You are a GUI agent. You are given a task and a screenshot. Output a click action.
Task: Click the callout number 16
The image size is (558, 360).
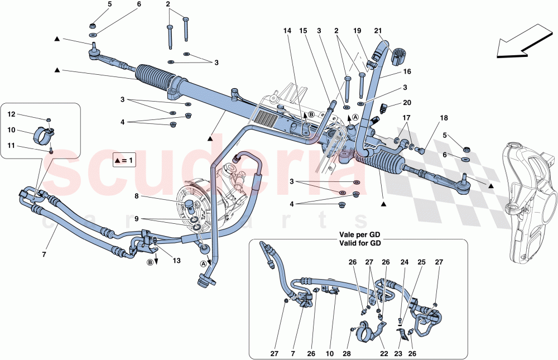407,72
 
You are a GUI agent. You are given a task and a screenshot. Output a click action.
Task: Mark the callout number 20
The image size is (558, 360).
406,103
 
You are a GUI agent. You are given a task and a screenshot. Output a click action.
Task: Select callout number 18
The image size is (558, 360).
444,118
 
